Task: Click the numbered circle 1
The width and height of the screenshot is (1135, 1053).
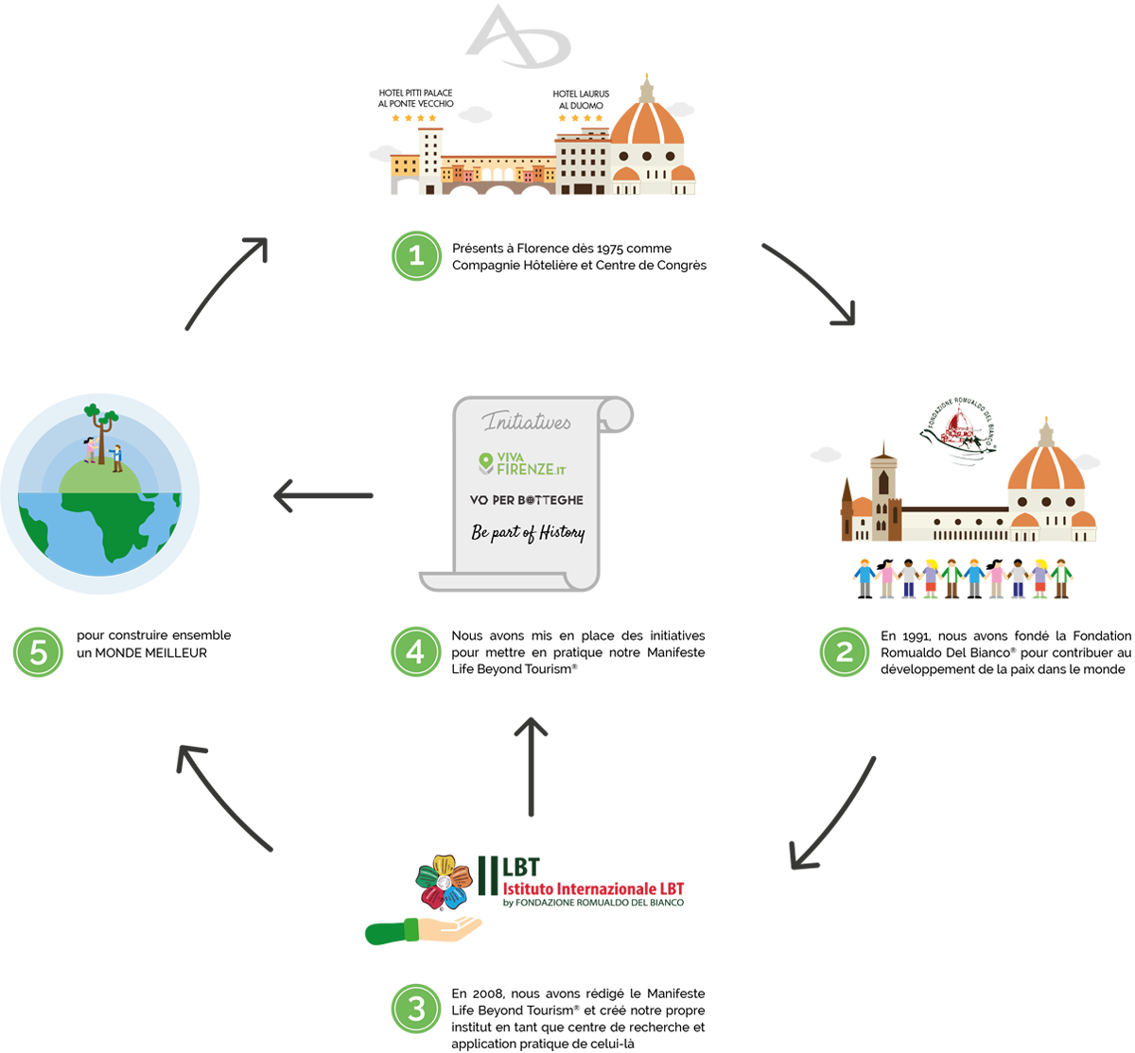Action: pos(416,255)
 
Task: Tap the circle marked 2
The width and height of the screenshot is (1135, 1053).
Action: pos(844,652)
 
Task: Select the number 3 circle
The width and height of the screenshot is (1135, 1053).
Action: pos(416,1010)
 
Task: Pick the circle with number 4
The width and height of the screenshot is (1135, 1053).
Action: pos(415,652)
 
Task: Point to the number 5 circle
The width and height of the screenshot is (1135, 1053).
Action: pos(39,652)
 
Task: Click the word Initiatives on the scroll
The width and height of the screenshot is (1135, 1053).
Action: pos(527,422)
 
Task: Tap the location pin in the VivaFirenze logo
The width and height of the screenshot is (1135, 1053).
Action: pos(486,462)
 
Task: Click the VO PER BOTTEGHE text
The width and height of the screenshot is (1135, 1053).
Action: pos(527,499)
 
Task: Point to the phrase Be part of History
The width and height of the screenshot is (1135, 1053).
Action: pos(528,532)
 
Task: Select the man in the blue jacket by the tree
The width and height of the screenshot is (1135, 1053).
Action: pos(116,457)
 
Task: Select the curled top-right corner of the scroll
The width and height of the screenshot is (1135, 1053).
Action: pos(615,412)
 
